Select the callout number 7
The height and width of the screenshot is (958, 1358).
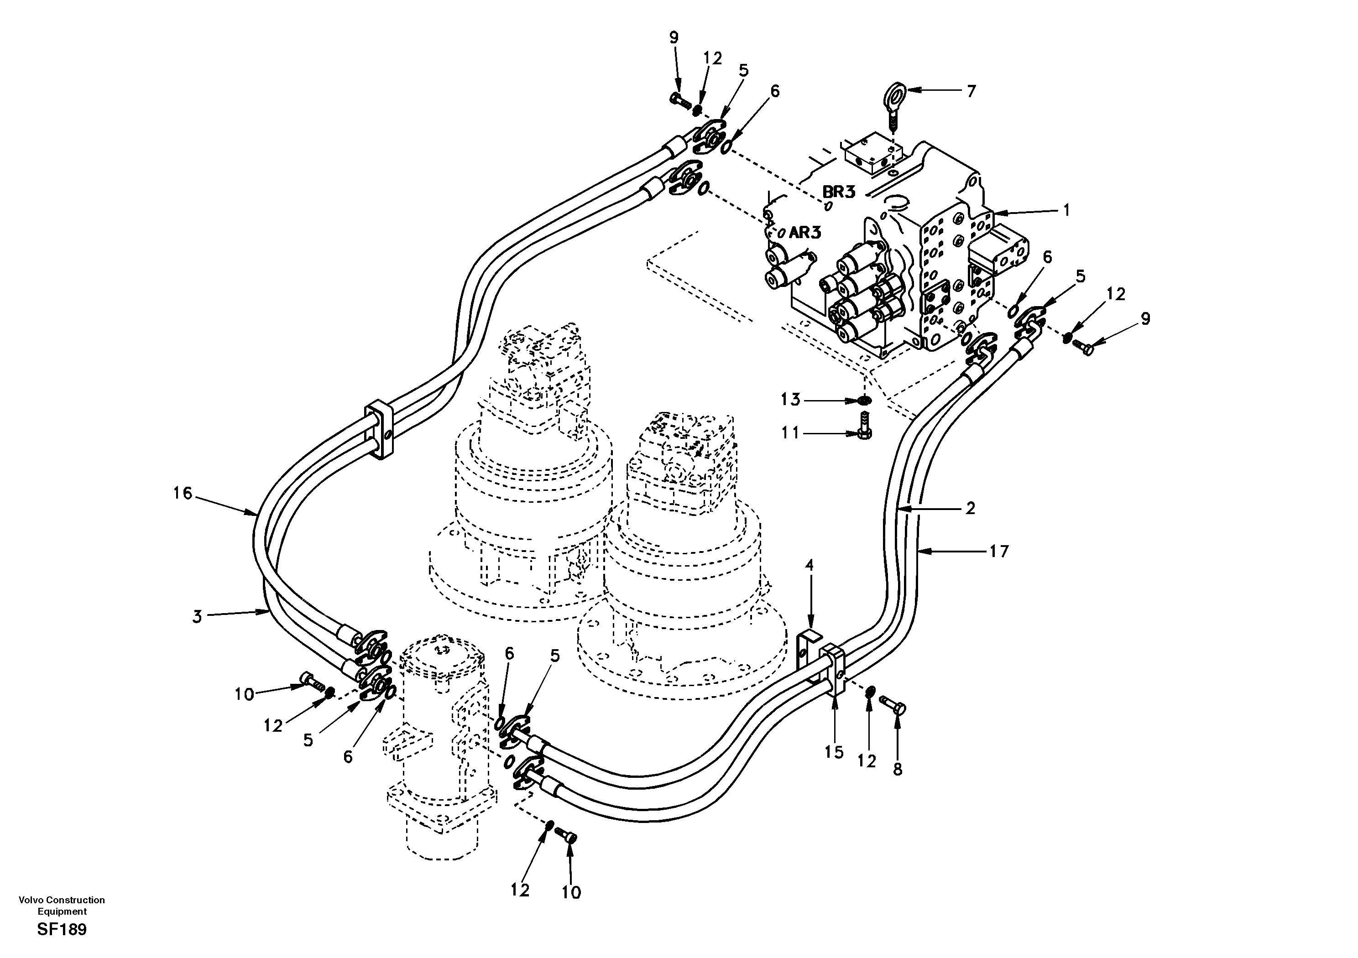(x=971, y=91)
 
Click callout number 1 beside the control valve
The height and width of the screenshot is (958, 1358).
(x=1066, y=210)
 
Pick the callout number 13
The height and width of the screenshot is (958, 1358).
(x=791, y=401)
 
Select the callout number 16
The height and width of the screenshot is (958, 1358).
(x=183, y=493)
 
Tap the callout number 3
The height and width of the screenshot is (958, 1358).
(x=197, y=617)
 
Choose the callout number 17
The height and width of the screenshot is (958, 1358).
(x=999, y=552)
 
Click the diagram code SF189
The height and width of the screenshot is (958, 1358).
(x=62, y=930)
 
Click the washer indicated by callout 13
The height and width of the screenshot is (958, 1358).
(x=865, y=401)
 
